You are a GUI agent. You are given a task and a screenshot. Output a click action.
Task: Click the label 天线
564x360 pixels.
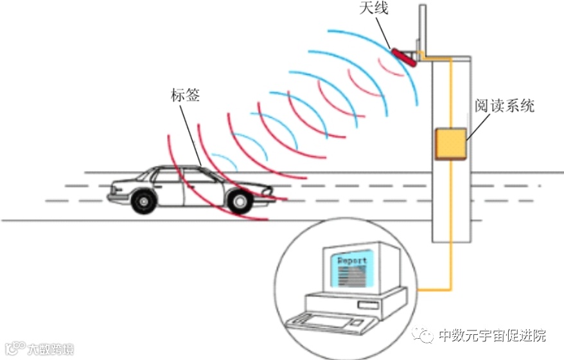[x=375, y=9]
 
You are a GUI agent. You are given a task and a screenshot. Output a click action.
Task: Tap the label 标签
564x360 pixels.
[x=185, y=96]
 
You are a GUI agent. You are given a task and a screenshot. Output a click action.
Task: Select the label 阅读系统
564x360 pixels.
[x=504, y=105]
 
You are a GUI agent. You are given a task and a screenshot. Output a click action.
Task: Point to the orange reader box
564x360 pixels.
[x=451, y=144]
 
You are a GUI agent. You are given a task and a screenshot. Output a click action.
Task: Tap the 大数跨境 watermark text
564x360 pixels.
[x=49, y=350]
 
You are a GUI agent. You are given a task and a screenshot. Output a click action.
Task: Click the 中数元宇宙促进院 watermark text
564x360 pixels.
[x=491, y=336]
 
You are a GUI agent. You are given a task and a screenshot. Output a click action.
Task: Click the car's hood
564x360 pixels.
[x=251, y=185]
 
